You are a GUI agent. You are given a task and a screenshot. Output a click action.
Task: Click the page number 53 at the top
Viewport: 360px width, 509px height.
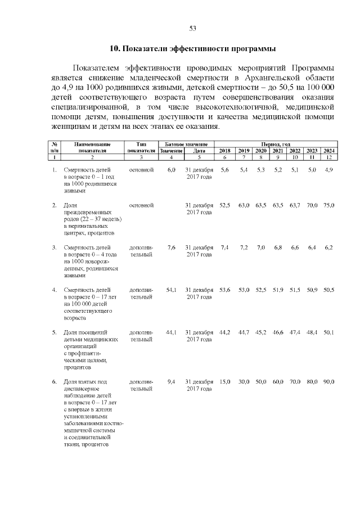coord(192,28)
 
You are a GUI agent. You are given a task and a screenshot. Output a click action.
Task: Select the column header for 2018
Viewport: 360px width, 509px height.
coord(224,151)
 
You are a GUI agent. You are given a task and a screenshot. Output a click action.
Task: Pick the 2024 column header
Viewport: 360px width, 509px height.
coord(329,151)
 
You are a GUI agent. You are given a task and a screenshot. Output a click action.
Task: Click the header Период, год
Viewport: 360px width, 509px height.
coord(276,145)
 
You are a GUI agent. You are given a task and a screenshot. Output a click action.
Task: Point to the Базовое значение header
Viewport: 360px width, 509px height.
coord(186,145)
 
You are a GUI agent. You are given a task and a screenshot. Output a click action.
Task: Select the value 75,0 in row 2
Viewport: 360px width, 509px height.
coord(329,206)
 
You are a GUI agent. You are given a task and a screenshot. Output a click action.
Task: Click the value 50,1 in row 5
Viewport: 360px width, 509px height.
coord(329,332)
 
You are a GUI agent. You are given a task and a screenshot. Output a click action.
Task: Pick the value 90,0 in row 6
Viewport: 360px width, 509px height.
coord(329,382)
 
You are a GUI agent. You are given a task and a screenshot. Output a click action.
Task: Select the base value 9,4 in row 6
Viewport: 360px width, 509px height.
coord(172,382)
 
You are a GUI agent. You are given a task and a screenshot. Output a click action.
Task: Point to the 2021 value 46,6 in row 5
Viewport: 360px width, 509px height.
coord(278,332)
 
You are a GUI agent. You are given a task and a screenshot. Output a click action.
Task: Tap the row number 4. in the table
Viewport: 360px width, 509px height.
coord(55,290)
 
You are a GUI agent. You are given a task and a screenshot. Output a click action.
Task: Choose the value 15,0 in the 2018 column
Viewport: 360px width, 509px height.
coord(225,382)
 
